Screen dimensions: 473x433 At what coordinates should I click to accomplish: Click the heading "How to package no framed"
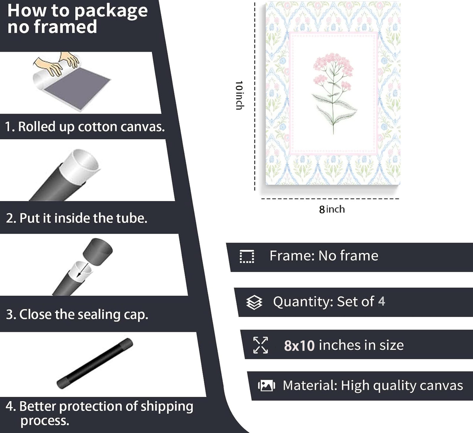[77, 18]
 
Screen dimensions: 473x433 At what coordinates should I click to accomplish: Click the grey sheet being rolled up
[77, 87]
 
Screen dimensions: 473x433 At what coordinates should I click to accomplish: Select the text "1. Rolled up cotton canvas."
[85, 127]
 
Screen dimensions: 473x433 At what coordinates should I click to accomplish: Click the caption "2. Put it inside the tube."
[77, 218]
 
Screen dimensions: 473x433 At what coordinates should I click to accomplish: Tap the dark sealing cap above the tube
[98, 252]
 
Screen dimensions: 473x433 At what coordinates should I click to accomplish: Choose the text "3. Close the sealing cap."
[77, 314]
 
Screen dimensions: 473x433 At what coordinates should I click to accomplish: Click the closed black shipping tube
[95, 363]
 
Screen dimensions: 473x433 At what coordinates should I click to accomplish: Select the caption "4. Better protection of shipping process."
[99, 413]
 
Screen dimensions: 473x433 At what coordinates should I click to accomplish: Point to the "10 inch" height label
[239, 95]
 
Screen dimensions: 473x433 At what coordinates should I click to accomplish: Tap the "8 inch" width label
[332, 209]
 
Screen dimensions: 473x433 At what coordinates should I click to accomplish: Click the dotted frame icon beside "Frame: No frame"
[247, 257]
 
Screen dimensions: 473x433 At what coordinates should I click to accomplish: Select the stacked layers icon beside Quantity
[254, 302]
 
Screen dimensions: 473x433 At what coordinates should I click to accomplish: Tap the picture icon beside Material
[266, 386]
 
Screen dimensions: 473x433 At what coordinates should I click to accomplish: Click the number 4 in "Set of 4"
[381, 301]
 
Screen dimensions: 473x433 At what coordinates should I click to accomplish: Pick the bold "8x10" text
[299, 345]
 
